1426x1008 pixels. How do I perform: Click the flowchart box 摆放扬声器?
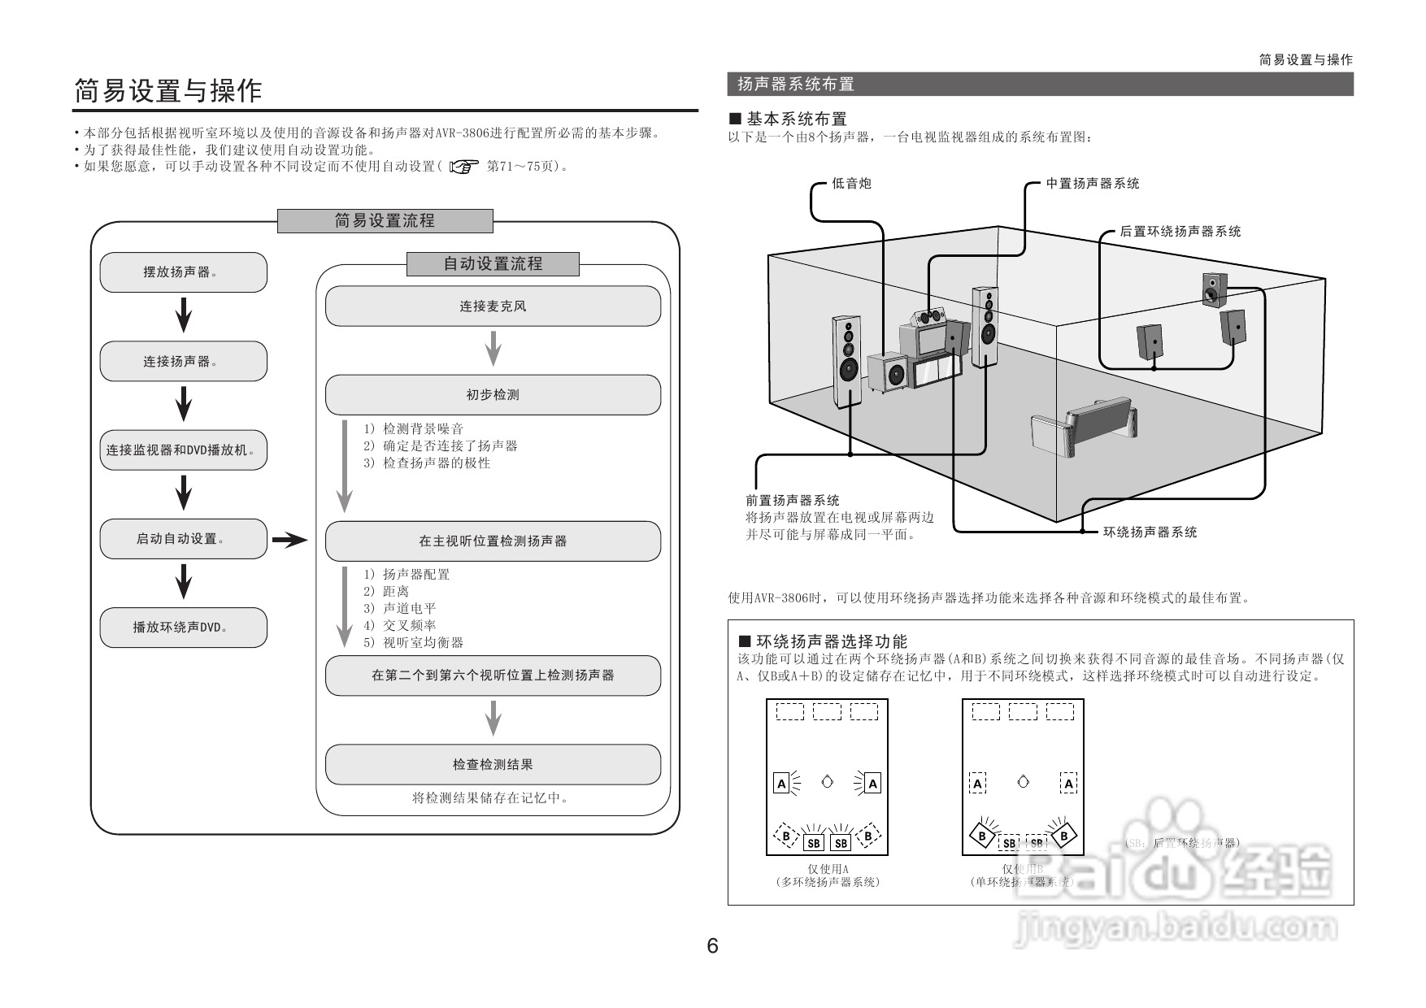tap(183, 272)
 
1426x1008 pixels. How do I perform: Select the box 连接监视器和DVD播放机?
tap(183, 450)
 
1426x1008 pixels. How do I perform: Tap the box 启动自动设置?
tap(183, 539)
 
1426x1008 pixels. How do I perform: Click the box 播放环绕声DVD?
tap(183, 628)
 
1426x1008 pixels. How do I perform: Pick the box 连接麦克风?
tap(493, 306)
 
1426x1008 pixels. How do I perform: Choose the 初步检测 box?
tap(493, 395)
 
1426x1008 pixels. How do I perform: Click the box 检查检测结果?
tap(493, 765)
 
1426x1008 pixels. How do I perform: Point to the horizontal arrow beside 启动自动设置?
tap(289, 540)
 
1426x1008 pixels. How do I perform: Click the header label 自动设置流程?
tap(493, 264)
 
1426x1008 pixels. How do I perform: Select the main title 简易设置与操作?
tap(168, 90)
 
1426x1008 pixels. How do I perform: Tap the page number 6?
tap(713, 945)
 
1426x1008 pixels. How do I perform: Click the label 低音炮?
tap(851, 184)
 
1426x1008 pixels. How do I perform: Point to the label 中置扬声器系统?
tap(1092, 184)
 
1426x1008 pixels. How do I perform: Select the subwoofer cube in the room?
tap(888, 373)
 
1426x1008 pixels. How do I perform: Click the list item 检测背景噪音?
tap(423, 428)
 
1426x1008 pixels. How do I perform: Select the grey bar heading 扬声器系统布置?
tap(1040, 84)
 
